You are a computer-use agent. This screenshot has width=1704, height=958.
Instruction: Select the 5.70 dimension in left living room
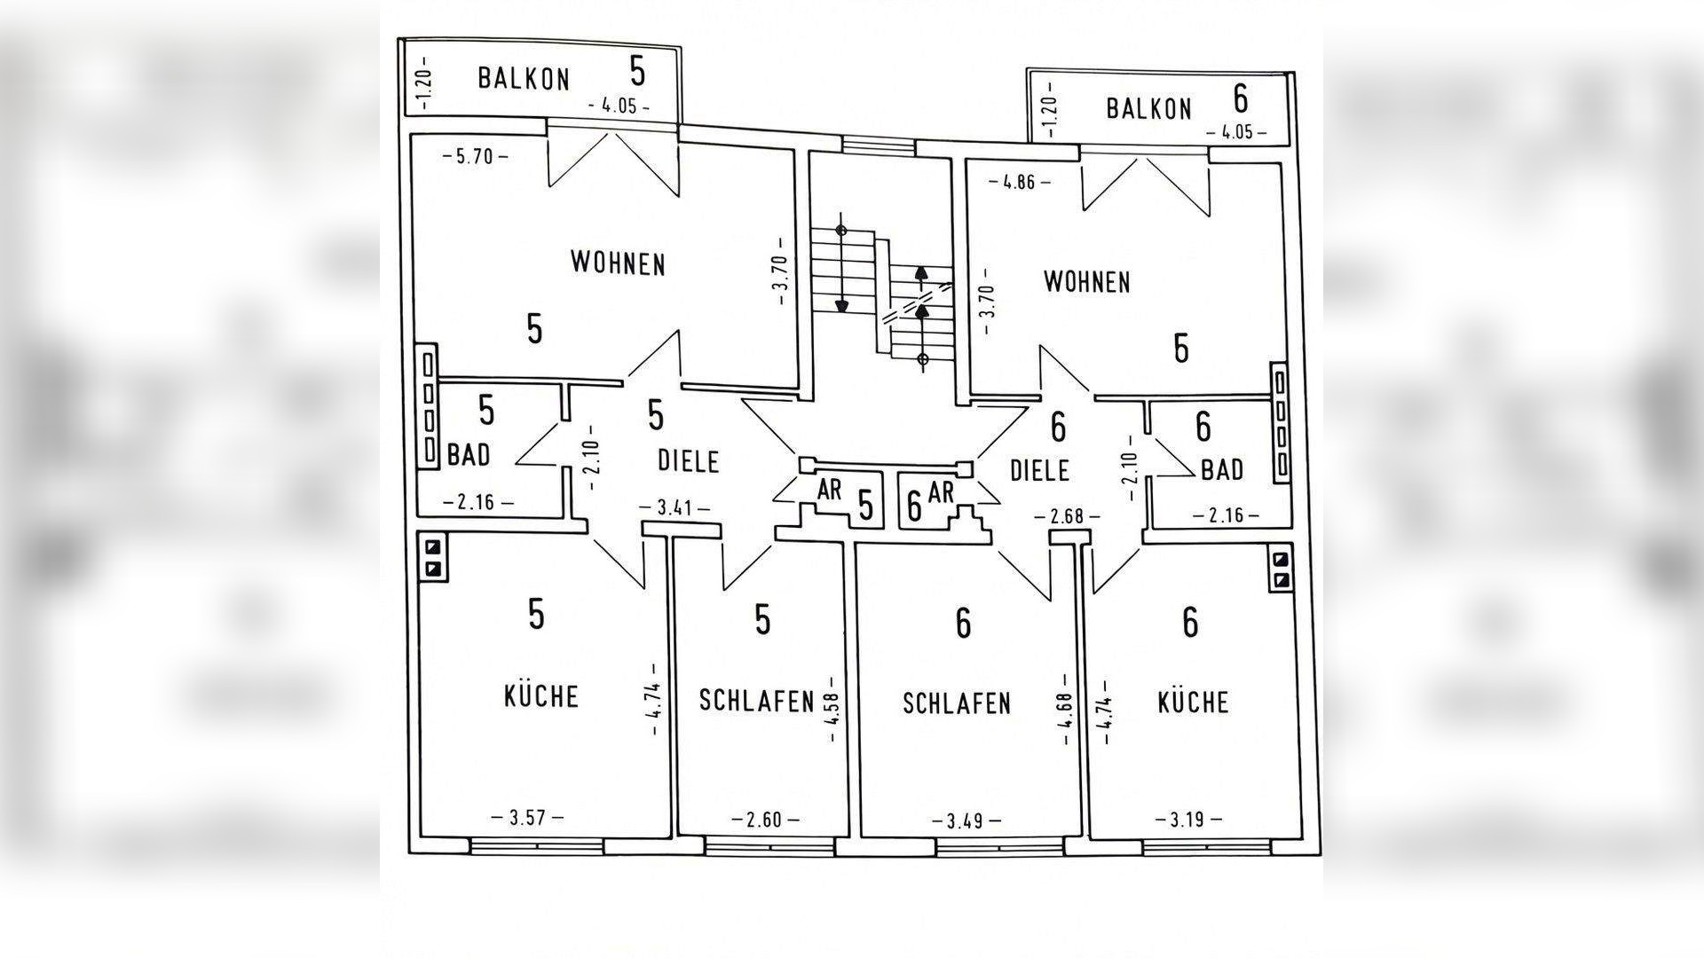[476, 158]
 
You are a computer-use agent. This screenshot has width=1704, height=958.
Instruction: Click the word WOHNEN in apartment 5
[618, 263]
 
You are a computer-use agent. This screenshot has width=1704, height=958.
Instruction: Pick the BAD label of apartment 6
[1222, 470]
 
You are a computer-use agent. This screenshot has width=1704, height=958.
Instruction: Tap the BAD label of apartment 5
[469, 456]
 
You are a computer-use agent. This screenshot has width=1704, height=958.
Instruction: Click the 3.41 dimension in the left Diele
[674, 509]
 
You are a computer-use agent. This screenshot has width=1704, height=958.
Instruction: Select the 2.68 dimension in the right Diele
[1068, 516]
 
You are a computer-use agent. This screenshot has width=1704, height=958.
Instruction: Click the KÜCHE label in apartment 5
[541, 696]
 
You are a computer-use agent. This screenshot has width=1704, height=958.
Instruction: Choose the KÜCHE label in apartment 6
[1194, 703]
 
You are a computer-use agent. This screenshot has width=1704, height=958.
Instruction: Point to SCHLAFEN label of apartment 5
[756, 701]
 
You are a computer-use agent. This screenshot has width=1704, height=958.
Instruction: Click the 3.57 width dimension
[527, 818]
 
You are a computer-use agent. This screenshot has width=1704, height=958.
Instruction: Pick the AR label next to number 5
[830, 490]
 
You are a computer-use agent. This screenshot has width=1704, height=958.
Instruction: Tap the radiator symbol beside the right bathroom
[1281, 423]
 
